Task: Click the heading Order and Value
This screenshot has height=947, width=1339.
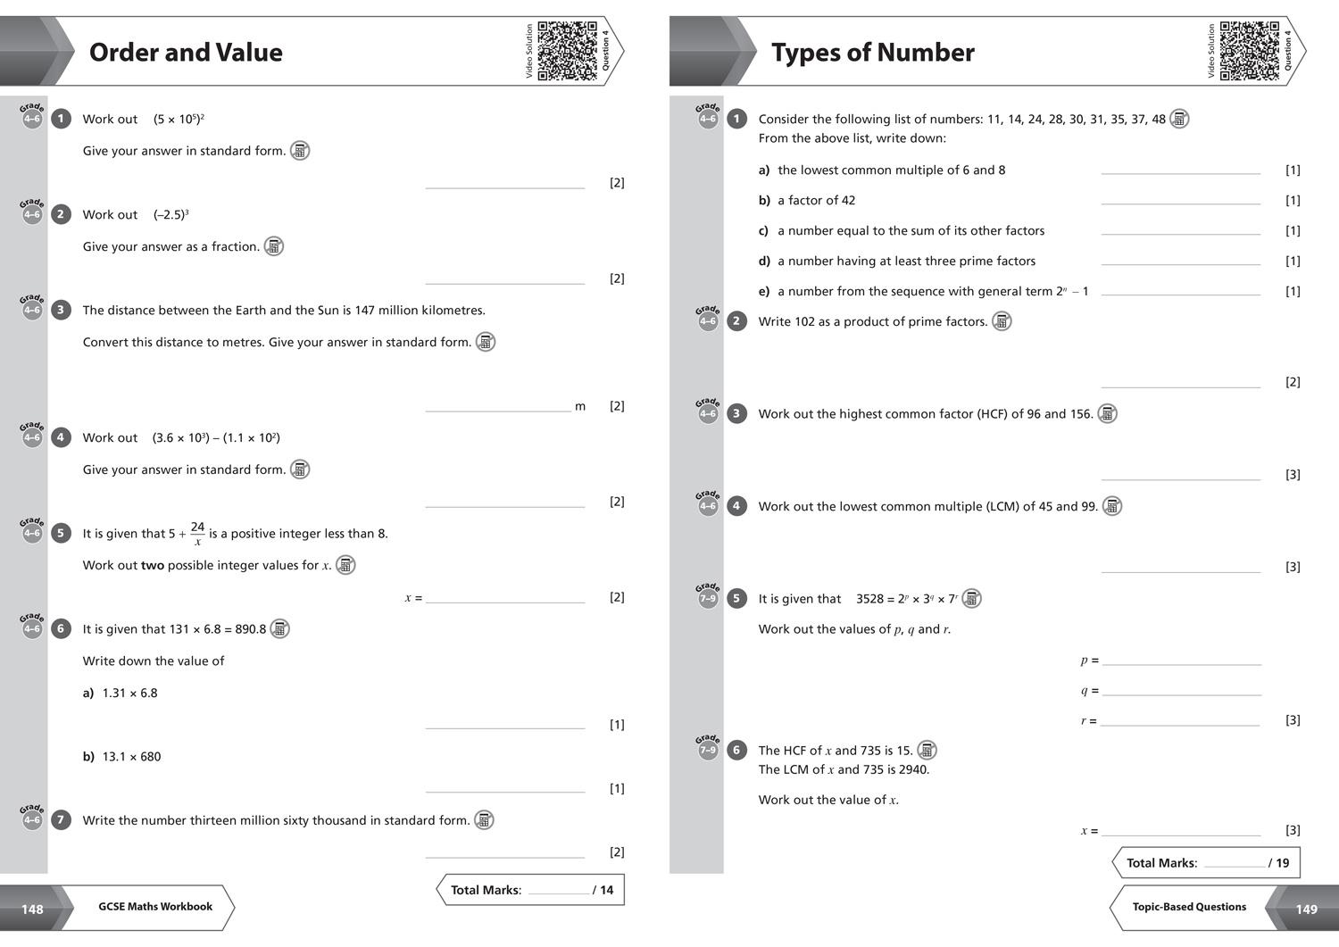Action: [x=186, y=53]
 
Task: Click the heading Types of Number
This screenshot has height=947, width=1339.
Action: [x=872, y=53]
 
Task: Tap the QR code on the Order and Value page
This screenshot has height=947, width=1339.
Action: [x=567, y=51]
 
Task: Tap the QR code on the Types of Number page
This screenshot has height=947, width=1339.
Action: [x=1249, y=51]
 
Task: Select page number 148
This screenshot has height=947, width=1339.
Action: [x=32, y=909]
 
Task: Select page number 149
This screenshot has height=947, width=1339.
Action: [x=1306, y=909]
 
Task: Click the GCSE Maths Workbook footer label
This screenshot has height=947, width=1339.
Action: [x=155, y=907]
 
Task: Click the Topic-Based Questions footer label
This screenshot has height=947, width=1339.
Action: [x=1189, y=907]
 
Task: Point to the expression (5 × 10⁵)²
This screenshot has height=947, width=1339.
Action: [x=179, y=119]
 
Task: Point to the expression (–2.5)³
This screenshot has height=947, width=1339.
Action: [x=170, y=214]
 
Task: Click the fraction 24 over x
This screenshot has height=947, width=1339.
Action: [x=197, y=534]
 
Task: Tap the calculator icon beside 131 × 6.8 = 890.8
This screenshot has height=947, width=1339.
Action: [x=279, y=629]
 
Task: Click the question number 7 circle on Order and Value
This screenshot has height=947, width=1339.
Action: [x=61, y=820]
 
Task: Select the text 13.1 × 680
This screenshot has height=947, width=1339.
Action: [x=131, y=757]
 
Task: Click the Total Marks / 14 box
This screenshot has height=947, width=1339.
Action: [x=531, y=890]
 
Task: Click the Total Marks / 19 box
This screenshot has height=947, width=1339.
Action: [x=1207, y=863]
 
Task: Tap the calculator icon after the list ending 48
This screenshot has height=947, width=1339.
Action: [x=1179, y=119]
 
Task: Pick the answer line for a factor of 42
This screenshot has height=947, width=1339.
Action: [x=1180, y=203]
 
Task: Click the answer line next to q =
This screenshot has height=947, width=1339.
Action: [x=1181, y=694]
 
